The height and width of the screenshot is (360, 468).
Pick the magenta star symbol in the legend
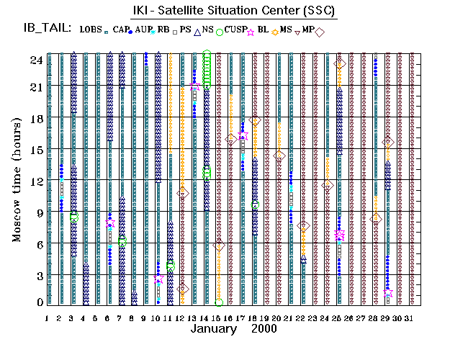251,32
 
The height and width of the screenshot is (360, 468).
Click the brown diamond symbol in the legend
320,32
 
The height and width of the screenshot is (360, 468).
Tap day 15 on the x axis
218,318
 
